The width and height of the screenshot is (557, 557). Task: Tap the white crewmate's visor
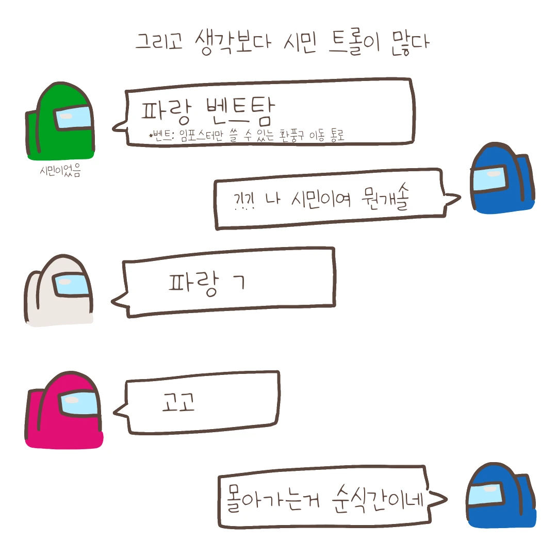point(72,284)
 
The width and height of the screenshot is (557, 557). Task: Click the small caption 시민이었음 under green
point(60,171)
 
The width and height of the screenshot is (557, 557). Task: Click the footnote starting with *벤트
point(247,136)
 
